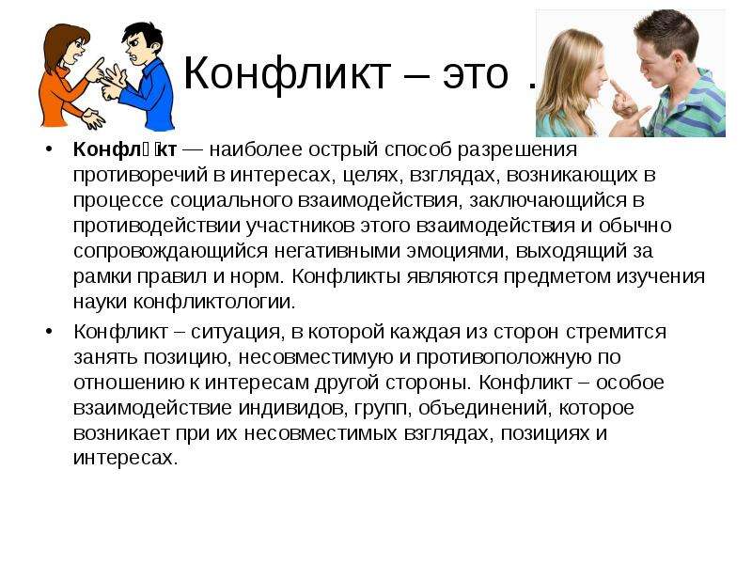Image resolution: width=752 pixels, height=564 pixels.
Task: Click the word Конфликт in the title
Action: [287, 73]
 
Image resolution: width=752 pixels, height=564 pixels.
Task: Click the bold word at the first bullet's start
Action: [125, 149]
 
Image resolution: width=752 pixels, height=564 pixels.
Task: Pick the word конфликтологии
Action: [214, 302]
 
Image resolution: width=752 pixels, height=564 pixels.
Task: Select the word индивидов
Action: [293, 409]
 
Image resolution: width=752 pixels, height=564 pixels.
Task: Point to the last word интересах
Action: [126, 459]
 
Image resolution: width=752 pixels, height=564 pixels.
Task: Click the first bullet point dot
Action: [49, 149]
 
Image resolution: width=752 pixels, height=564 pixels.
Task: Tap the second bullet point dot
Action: [49, 332]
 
